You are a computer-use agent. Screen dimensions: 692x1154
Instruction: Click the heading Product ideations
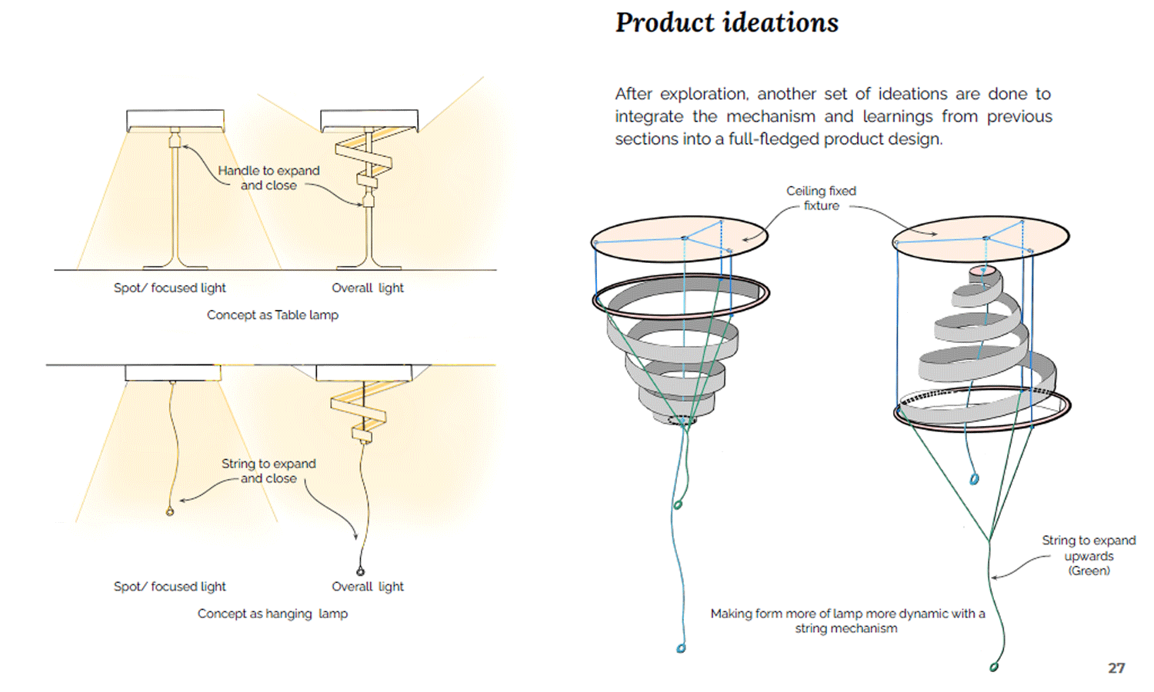click(726, 23)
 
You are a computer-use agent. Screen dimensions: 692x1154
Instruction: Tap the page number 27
click(1116, 668)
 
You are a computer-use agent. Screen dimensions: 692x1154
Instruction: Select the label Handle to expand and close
click(268, 178)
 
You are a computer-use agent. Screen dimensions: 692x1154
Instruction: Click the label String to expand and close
click(268, 471)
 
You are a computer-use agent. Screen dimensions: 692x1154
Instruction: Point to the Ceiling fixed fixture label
click(821, 198)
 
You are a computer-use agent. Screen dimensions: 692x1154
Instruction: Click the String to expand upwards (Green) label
click(1089, 555)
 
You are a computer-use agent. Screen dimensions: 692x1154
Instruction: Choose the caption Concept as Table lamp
click(272, 314)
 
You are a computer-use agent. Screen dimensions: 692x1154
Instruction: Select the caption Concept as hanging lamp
click(272, 614)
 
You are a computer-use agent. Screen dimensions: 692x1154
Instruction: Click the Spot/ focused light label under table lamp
click(169, 288)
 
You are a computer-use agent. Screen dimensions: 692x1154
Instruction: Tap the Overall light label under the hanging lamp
click(368, 587)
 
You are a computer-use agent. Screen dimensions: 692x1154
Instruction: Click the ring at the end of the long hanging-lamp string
click(360, 571)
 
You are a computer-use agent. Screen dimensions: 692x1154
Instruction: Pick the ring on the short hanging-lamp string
click(170, 511)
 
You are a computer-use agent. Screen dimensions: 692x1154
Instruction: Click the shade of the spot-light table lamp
click(175, 120)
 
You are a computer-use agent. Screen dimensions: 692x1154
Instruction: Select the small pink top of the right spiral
click(981, 271)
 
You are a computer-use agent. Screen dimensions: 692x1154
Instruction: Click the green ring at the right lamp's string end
click(994, 667)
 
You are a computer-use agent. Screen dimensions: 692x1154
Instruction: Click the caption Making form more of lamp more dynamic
click(847, 620)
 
